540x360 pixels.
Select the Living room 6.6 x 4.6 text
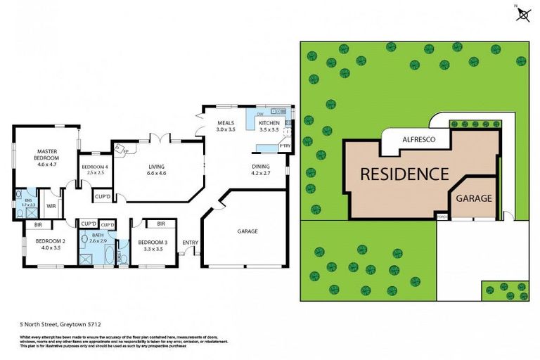pos(156,169)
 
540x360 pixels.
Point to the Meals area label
pos(225,127)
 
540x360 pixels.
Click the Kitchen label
pos(269,127)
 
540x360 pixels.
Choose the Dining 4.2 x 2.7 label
pos(261,169)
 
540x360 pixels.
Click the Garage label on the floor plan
pos(247,231)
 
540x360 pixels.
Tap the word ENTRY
pos(191,243)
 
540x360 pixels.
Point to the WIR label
pos(51,205)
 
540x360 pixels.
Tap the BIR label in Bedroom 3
pos(161,224)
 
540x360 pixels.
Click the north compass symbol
pos(523,13)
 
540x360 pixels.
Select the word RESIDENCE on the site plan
pos(404,174)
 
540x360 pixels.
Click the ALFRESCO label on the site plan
pos(418,140)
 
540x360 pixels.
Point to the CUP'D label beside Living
pos(102,196)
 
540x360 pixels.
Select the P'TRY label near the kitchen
pos(285,146)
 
